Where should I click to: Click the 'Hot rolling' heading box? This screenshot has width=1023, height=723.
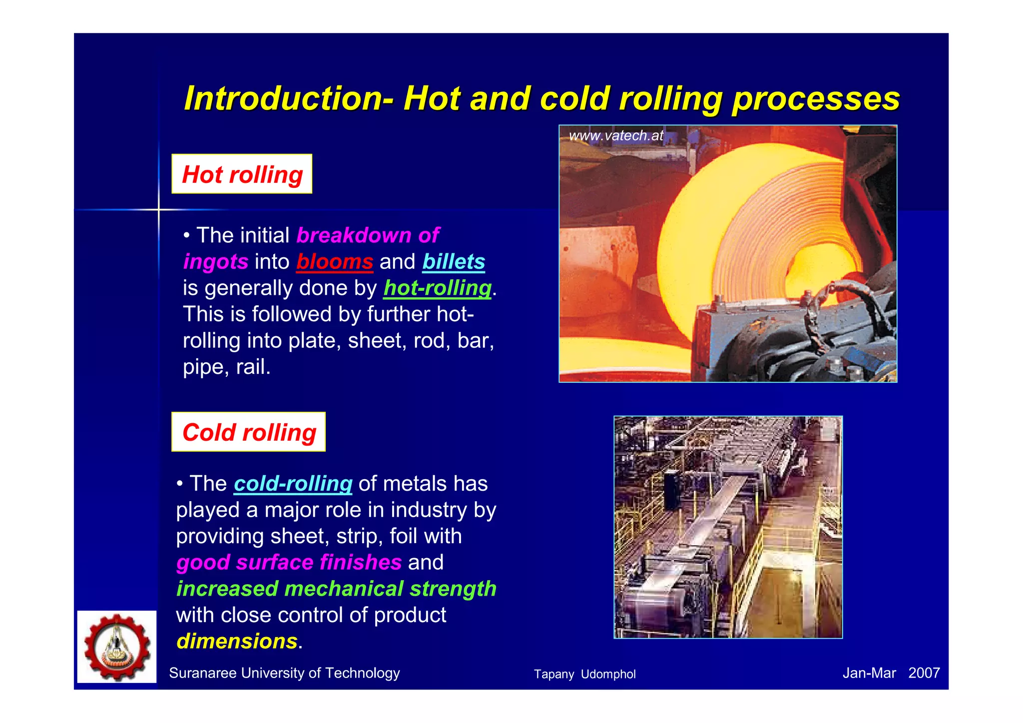pos(242,174)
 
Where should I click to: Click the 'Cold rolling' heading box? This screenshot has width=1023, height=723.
pos(248,432)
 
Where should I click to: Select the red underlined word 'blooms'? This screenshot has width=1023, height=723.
pos(335,261)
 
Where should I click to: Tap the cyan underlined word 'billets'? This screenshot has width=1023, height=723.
pos(454,261)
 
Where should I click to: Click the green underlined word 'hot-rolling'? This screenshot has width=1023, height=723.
pos(438,288)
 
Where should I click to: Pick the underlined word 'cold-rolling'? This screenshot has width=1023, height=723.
pos(293,483)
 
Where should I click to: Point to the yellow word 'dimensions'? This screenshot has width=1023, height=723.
pos(237,641)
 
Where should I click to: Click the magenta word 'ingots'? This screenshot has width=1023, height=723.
pos(216,261)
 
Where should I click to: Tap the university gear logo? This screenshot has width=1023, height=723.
pos(117,647)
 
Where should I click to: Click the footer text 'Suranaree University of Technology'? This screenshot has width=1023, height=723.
pos(284,673)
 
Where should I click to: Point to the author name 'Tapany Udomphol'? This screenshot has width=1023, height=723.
pos(584,674)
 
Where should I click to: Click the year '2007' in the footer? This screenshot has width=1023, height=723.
pos(924,673)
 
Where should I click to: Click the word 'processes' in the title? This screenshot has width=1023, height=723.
pos(815,98)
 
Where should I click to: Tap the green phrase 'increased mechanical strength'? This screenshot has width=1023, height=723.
pos(336,589)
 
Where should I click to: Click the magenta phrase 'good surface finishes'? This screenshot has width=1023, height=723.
pos(289,562)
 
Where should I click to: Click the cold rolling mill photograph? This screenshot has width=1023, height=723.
pos(728,527)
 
